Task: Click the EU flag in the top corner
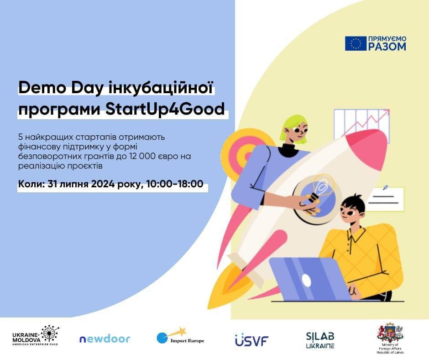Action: coord(356,43)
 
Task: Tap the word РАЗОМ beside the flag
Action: coord(387,47)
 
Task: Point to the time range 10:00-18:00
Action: coord(175,184)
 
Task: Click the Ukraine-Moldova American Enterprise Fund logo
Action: coord(36,335)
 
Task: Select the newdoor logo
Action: coord(105,339)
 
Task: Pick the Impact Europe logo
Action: coord(180,336)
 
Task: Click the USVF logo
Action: coord(252,340)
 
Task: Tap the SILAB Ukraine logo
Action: coord(320,340)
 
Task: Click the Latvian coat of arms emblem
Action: coord(390,332)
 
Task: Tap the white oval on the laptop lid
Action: coord(306,280)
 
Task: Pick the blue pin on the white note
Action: coord(386,188)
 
